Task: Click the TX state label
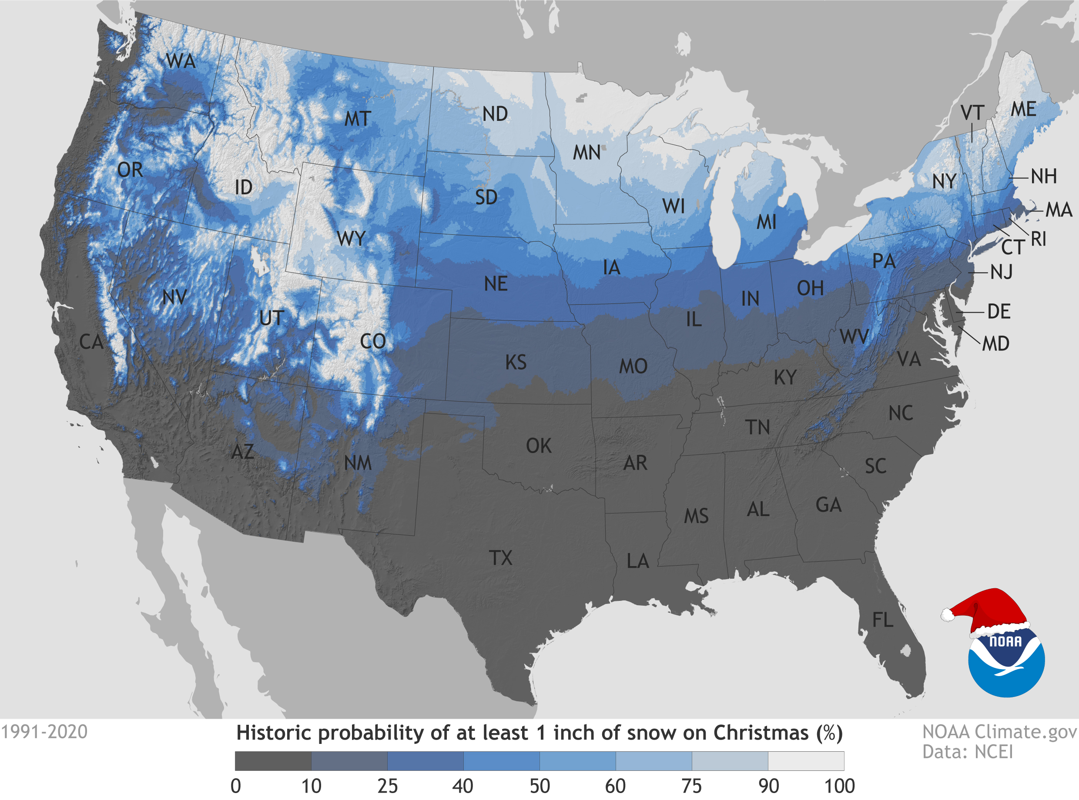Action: (500, 558)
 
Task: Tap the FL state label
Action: (883, 620)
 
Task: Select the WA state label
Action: (181, 61)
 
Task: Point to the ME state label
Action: (1023, 109)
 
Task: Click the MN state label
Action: (587, 153)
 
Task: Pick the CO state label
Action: (372, 341)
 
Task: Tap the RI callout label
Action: (1038, 239)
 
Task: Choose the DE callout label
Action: (999, 311)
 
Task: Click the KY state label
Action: (785, 377)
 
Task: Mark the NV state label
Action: (174, 297)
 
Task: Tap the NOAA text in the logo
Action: (1005, 642)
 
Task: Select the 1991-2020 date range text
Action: (44, 732)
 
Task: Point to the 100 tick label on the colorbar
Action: (840, 786)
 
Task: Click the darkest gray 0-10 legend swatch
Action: (273, 761)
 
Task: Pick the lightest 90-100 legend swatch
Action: (806, 761)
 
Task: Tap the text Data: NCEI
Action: (967, 752)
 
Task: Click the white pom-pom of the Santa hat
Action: (947, 615)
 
